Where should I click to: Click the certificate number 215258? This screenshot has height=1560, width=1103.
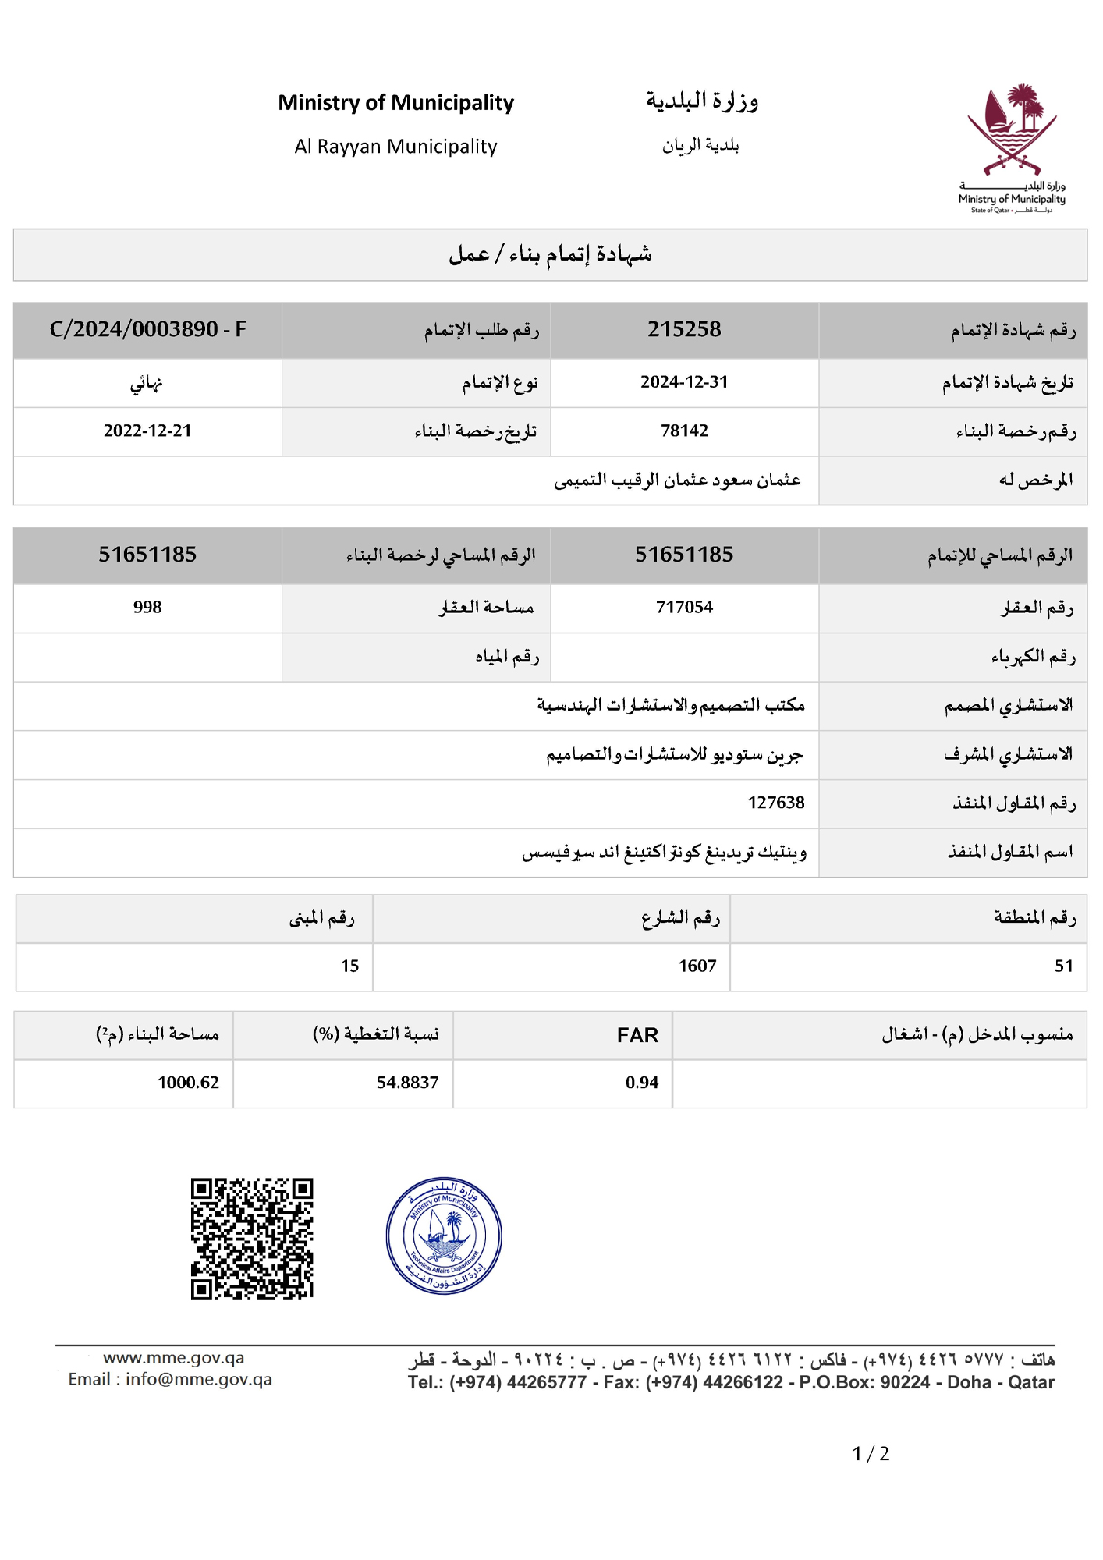click(684, 329)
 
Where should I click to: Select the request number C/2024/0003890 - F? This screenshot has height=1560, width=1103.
click(147, 329)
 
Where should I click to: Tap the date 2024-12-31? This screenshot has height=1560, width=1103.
click(684, 382)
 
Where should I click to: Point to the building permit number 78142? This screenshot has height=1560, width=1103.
click(684, 431)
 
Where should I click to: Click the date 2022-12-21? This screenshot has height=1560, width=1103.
click(147, 431)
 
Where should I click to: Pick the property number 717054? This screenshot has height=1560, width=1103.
click(684, 607)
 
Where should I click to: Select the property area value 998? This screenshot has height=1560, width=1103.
click(147, 607)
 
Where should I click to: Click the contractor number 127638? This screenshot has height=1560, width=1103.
click(775, 803)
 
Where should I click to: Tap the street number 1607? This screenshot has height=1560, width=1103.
click(697, 966)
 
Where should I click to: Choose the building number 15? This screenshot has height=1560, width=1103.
click(349, 966)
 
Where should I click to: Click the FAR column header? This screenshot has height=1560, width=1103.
click(637, 1035)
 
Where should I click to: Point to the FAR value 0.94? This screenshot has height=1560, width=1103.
click(641, 1083)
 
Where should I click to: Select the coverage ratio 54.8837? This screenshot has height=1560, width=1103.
click(407, 1083)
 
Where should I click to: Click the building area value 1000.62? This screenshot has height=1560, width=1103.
click(188, 1083)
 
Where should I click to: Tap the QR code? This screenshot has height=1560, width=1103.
click(252, 1239)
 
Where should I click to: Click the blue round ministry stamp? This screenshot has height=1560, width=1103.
click(444, 1236)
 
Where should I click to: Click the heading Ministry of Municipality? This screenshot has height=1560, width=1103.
click(395, 103)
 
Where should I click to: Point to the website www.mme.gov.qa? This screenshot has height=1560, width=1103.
click(173, 1358)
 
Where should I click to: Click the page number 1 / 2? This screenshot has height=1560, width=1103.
click(871, 1454)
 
